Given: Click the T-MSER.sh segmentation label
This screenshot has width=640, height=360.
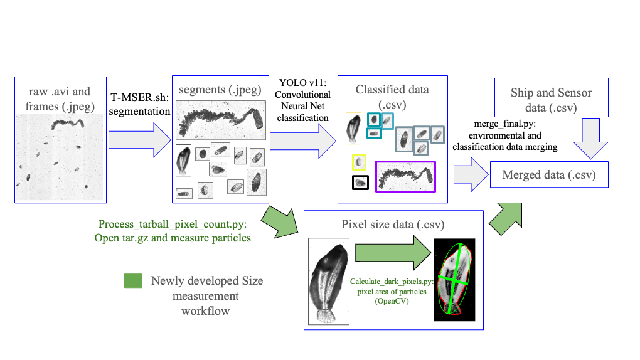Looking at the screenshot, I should pyautogui.click(x=140, y=103).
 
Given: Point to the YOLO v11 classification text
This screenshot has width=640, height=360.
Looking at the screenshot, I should pyautogui.click(x=302, y=98).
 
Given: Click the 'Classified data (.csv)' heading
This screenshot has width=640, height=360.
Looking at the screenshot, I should pyautogui.click(x=392, y=97).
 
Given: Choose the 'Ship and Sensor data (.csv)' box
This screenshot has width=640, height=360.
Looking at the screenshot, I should pyautogui.click(x=551, y=100).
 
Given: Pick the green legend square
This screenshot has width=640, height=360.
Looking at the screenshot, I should pyautogui.click(x=133, y=281).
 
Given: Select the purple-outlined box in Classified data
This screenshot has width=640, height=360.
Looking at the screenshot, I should pyautogui.click(x=405, y=176).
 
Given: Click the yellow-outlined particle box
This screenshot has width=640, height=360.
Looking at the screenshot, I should pyautogui.click(x=360, y=162).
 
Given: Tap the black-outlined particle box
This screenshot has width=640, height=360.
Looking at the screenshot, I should pyautogui.click(x=360, y=183).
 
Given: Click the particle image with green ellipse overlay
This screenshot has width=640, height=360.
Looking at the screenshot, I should pyautogui.click(x=454, y=280).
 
